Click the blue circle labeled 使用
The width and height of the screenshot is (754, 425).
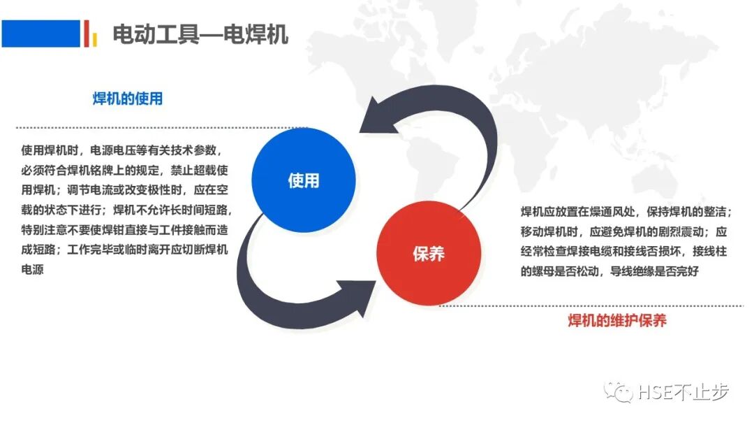coord(303,180)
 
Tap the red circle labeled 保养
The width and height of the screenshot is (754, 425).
coord(429,253)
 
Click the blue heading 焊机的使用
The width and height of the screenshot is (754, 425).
coord(128,99)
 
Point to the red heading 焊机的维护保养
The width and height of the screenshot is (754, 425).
coord(617,321)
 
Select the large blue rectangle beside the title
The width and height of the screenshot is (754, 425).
coord(40,33)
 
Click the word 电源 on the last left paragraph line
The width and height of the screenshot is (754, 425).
coord(33,269)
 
